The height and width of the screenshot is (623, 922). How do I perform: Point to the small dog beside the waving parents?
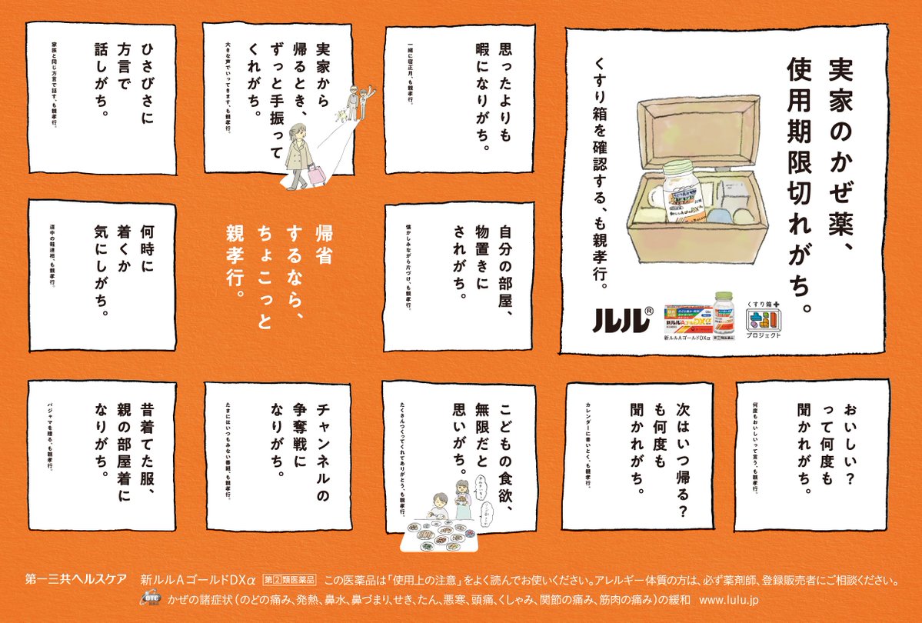pos(338,115)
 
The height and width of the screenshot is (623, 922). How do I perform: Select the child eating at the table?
pos(430,504)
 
